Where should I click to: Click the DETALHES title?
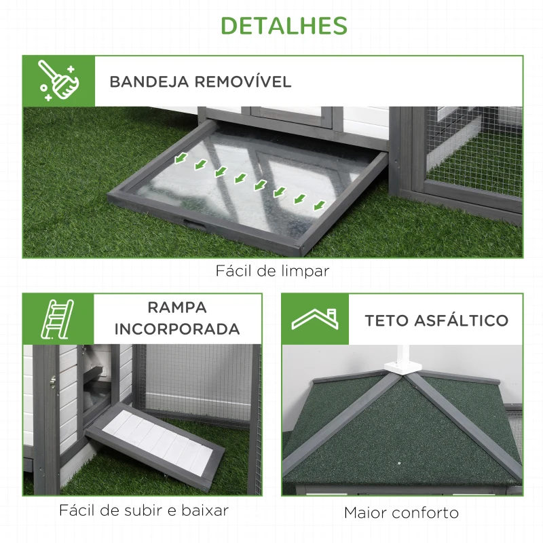[284, 26]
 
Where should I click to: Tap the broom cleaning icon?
[58, 81]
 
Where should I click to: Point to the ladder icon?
[57, 319]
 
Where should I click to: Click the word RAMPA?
[177, 307]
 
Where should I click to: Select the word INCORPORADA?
[177, 330]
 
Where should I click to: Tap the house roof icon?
[315, 319]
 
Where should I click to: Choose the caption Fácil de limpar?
[272, 271]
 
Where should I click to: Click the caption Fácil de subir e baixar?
[143, 510]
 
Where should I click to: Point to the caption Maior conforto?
[401, 512]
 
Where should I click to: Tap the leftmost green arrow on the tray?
[180, 159]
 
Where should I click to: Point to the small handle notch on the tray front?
[194, 222]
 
